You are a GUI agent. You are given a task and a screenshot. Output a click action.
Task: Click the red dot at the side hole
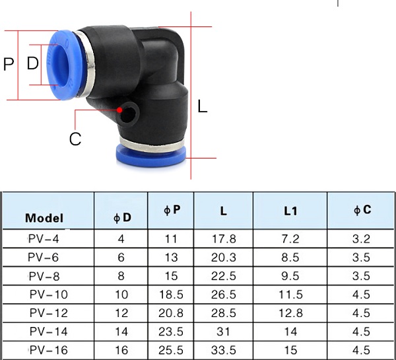(119, 110)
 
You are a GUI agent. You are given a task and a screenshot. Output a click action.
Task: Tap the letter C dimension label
(75, 139)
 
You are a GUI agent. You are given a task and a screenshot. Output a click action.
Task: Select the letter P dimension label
(9, 64)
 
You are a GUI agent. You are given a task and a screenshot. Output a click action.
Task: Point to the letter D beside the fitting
(33, 63)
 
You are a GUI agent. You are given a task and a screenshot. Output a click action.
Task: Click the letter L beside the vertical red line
(203, 106)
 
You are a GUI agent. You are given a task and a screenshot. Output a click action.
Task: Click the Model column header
(44, 218)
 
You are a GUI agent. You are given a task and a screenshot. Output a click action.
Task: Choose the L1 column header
(290, 211)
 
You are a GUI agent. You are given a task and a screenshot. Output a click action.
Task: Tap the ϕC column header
(362, 210)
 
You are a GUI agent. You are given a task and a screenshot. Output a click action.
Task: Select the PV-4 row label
(44, 239)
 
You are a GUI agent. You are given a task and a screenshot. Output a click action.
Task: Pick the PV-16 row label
(49, 350)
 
